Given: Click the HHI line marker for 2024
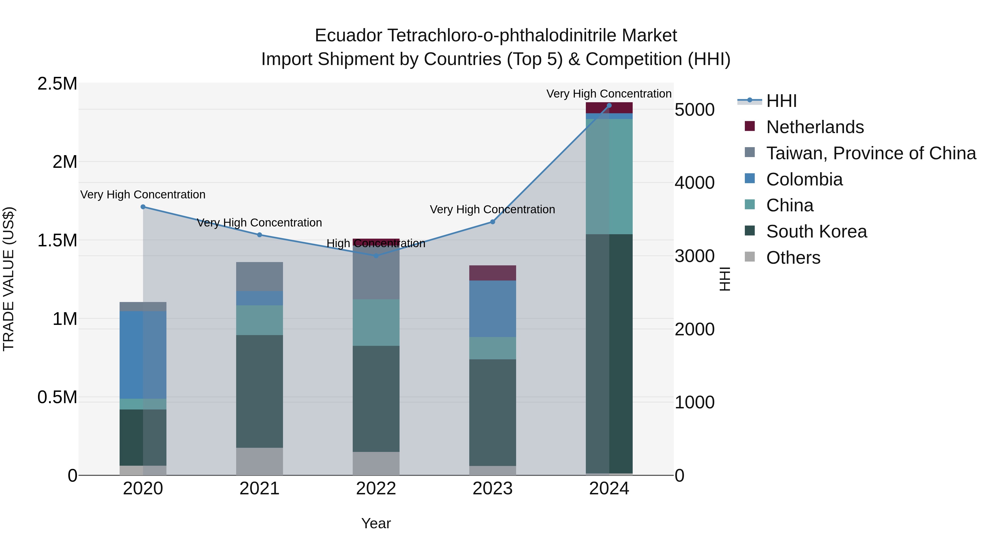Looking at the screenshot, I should tap(609, 106).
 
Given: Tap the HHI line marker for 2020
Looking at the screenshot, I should tap(143, 207).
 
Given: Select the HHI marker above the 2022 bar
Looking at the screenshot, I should tap(376, 256).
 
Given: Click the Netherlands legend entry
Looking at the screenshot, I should tap(815, 127).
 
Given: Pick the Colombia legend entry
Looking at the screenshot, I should tap(804, 179).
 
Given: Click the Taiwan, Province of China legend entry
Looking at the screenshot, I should tap(870, 153).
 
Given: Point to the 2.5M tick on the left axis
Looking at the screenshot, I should tap(57, 84).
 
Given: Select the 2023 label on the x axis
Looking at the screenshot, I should tap(492, 489).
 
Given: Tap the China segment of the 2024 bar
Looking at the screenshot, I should tap(609, 176).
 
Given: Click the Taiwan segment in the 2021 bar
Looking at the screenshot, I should tap(259, 276).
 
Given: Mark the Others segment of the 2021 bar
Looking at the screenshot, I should tap(259, 461).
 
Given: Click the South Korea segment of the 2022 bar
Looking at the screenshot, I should tap(376, 398).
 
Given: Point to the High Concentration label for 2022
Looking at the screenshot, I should tap(376, 243).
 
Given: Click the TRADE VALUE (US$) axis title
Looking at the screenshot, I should tap(9, 279).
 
